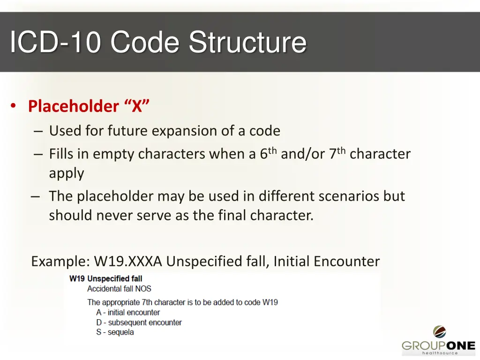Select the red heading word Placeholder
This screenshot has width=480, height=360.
pos(74,106)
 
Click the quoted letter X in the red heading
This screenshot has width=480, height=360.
pos(137,106)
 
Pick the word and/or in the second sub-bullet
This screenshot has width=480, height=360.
pos(303,154)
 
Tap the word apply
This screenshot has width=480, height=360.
pos(67,173)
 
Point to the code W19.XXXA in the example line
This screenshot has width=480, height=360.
pos(128,261)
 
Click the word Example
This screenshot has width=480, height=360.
pos(60,261)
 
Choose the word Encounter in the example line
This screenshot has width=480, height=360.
pos(347,261)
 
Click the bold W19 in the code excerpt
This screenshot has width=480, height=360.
pos(77,279)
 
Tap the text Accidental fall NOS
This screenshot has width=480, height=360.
pos(119,289)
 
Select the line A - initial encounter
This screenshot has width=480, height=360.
pos(128,312)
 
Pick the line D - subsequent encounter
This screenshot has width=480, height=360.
pos(139,322)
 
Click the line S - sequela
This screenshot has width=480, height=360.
pos(115,332)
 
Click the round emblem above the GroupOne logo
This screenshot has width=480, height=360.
pos(439,332)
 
